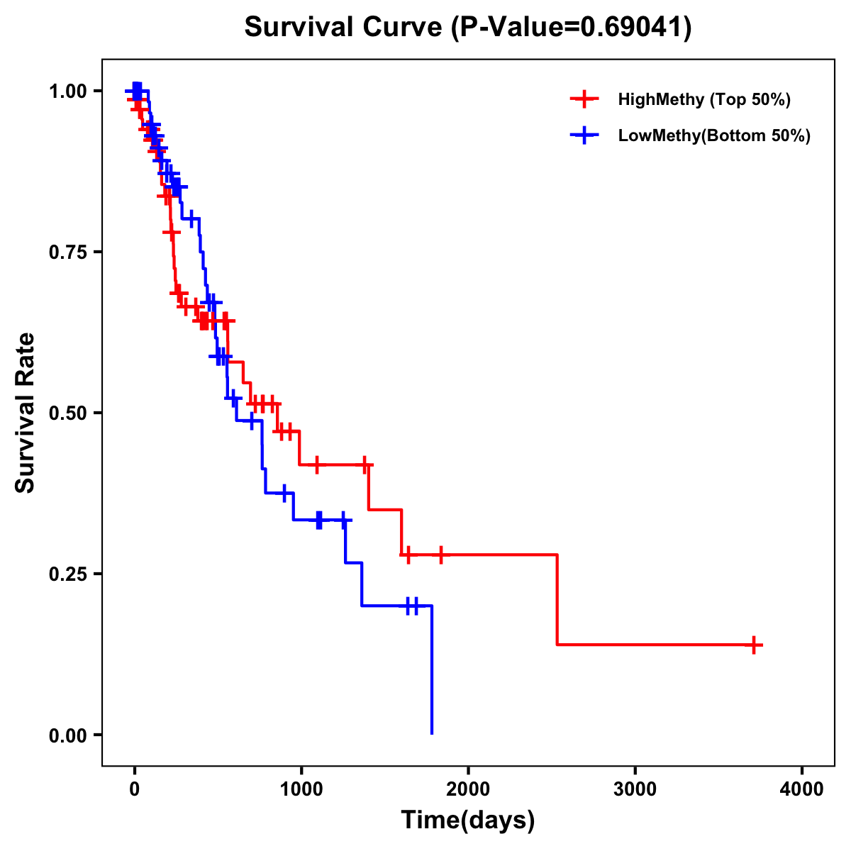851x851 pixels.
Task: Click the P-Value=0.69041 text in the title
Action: [572, 27]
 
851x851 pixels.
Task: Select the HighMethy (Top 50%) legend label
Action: [703, 99]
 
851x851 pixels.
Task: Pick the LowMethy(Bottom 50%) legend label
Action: [713, 135]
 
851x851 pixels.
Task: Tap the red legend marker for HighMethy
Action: [584, 99]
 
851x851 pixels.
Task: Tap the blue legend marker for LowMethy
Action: [584, 135]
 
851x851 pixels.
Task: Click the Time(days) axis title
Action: [468, 821]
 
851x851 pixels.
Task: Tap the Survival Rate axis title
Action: [26, 413]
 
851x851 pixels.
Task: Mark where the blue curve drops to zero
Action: [432, 733]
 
